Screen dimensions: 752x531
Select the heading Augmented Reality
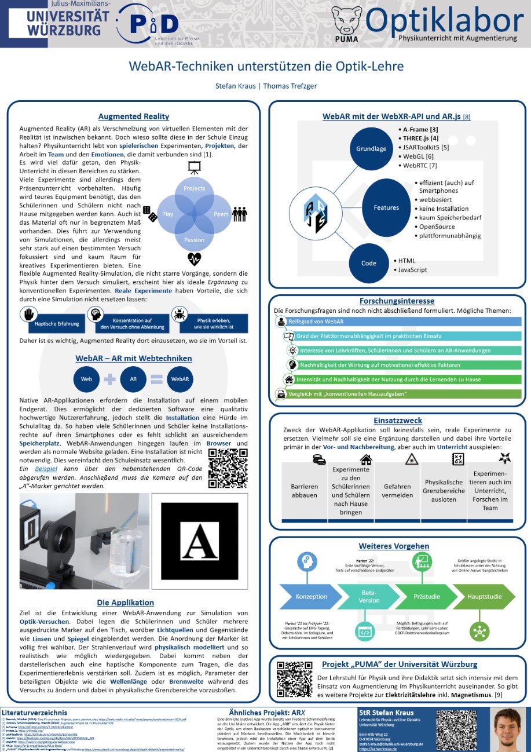pyautogui.click(x=134, y=116)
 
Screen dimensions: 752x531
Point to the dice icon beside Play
pyautogui.click(x=150, y=213)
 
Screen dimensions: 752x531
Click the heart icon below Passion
pyautogui.click(x=194, y=258)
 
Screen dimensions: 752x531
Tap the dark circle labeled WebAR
pyautogui.click(x=180, y=379)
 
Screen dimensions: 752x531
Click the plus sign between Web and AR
pyautogui.click(x=110, y=379)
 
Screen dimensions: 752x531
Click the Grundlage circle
pyautogui.click(x=371, y=149)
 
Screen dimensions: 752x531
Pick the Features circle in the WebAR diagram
pyautogui.click(x=386, y=207)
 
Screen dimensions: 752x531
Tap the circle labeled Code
pyautogui.click(x=369, y=263)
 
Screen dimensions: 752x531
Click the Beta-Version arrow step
pyautogui.click(x=369, y=597)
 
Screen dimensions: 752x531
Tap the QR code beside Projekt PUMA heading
pyautogui.click(x=291, y=674)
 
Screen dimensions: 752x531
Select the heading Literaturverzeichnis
pyautogui.click(x=35, y=712)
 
